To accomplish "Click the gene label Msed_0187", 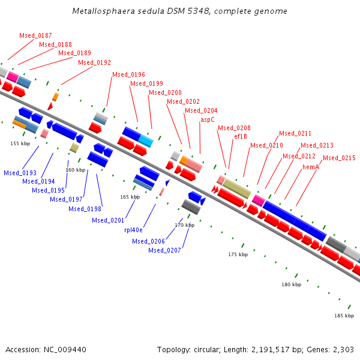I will (35, 36).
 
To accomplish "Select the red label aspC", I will (208, 119).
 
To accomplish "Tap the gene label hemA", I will (311, 167).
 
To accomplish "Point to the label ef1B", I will (241, 136).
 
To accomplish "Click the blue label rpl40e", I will (134, 230).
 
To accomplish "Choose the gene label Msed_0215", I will (339, 158).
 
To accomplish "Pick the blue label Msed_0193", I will (20, 173).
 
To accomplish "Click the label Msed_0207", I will (164, 250).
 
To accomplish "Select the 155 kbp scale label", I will (20, 143).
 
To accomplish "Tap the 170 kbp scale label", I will (185, 225).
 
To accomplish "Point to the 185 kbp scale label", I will (344, 316).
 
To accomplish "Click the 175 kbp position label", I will (238, 254).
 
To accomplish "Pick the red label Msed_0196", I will (128, 75).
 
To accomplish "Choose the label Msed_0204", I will (201, 110).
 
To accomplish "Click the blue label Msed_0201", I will (108, 220).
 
